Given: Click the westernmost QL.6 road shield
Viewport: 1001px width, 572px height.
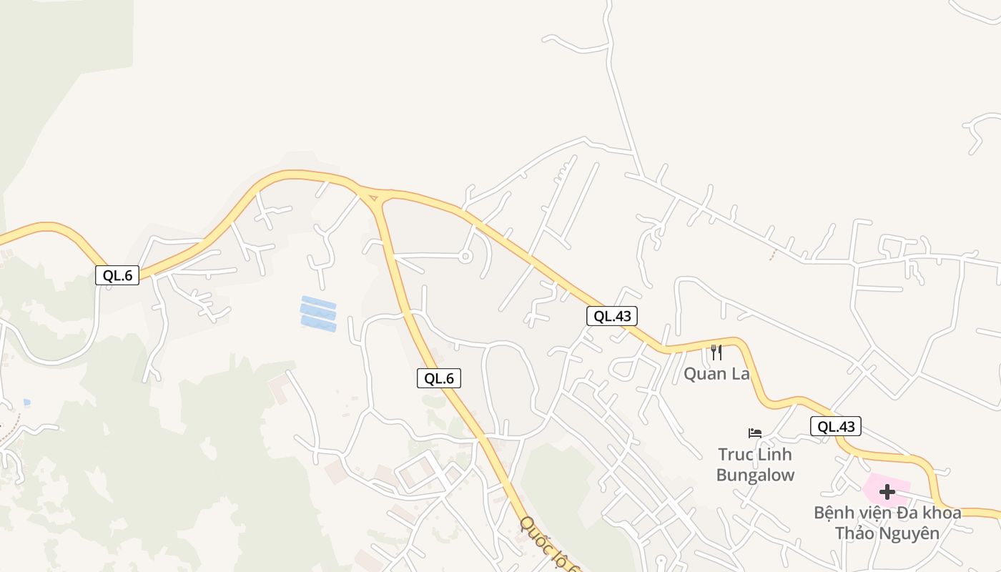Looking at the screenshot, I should pyautogui.click(x=117, y=275).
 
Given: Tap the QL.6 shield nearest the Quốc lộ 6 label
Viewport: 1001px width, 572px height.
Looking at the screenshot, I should pyautogui.click(x=439, y=378).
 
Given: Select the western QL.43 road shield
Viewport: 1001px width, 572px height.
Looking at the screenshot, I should pyautogui.click(x=612, y=316).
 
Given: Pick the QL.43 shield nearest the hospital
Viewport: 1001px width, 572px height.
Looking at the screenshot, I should pyautogui.click(x=836, y=427).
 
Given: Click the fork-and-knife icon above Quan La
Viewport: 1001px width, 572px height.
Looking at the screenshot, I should pyautogui.click(x=716, y=352).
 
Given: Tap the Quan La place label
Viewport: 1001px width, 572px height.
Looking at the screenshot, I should pyautogui.click(x=716, y=374).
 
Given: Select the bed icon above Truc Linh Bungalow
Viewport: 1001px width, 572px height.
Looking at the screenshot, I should pyautogui.click(x=755, y=433).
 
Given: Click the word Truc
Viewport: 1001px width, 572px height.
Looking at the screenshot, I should pyautogui.click(x=736, y=455).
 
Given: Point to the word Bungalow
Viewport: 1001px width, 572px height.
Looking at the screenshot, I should pyautogui.click(x=755, y=475).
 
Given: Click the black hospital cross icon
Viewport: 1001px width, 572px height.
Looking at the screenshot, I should pyautogui.click(x=887, y=492).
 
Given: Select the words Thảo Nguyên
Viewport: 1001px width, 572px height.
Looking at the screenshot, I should pyautogui.click(x=887, y=533).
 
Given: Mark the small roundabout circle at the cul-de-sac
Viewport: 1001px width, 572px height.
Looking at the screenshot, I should pyautogui.click(x=465, y=256).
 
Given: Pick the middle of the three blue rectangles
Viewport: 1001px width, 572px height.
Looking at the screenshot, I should pyautogui.click(x=318, y=313).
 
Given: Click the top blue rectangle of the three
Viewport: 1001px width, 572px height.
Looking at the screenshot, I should pyautogui.click(x=318, y=302).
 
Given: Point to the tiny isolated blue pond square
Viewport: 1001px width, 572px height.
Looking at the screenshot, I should pyautogui.click(x=26, y=403).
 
